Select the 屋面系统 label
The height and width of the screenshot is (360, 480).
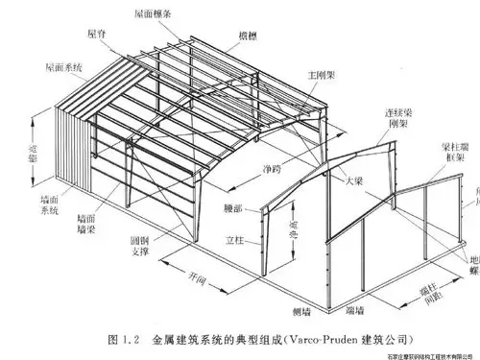pos(64,69)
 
